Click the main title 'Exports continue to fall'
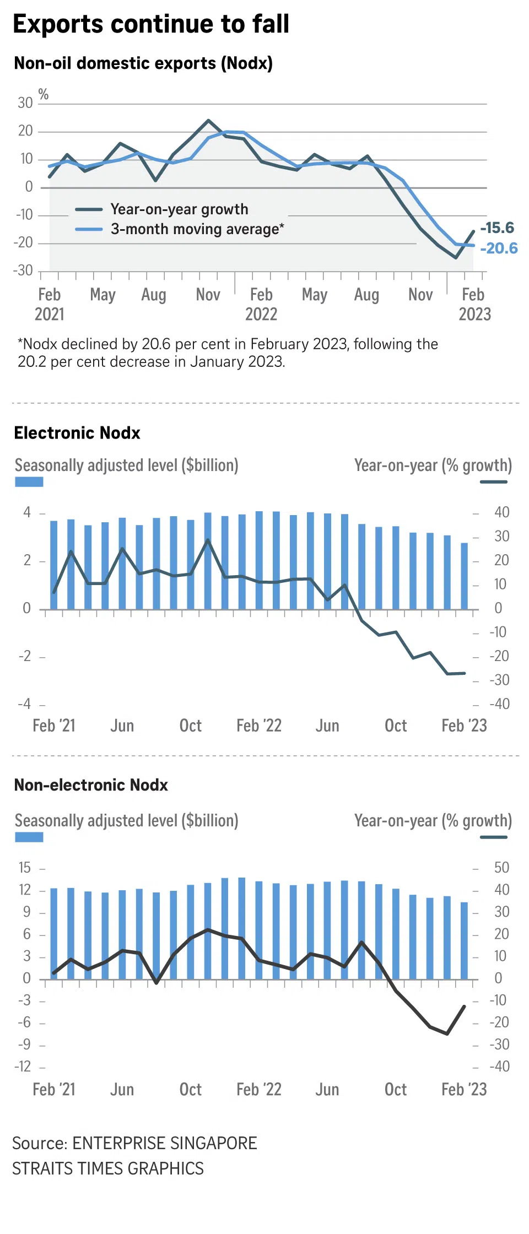point(151,24)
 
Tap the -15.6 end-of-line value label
point(497,228)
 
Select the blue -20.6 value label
point(499,248)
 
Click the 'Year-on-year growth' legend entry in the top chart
point(179,209)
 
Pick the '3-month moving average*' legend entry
point(197,229)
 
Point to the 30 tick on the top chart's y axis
point(25,103)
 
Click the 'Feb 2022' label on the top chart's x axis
point(261,304)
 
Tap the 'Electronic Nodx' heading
point(77,433)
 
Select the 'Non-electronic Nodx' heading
point(91,785)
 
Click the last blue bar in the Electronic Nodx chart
point(464,576)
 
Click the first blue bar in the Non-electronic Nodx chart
point(54,933)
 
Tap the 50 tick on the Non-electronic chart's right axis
point(501,868)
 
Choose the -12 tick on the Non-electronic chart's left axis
point(23,1067)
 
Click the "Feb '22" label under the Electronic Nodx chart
point(259,726)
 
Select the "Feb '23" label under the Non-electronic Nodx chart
point(464,1089)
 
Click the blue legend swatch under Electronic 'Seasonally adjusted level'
point(29,482)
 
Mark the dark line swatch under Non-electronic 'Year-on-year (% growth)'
point(493,837)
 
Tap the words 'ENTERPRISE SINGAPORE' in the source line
point(165,1143)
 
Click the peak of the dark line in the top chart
point(208,120)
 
